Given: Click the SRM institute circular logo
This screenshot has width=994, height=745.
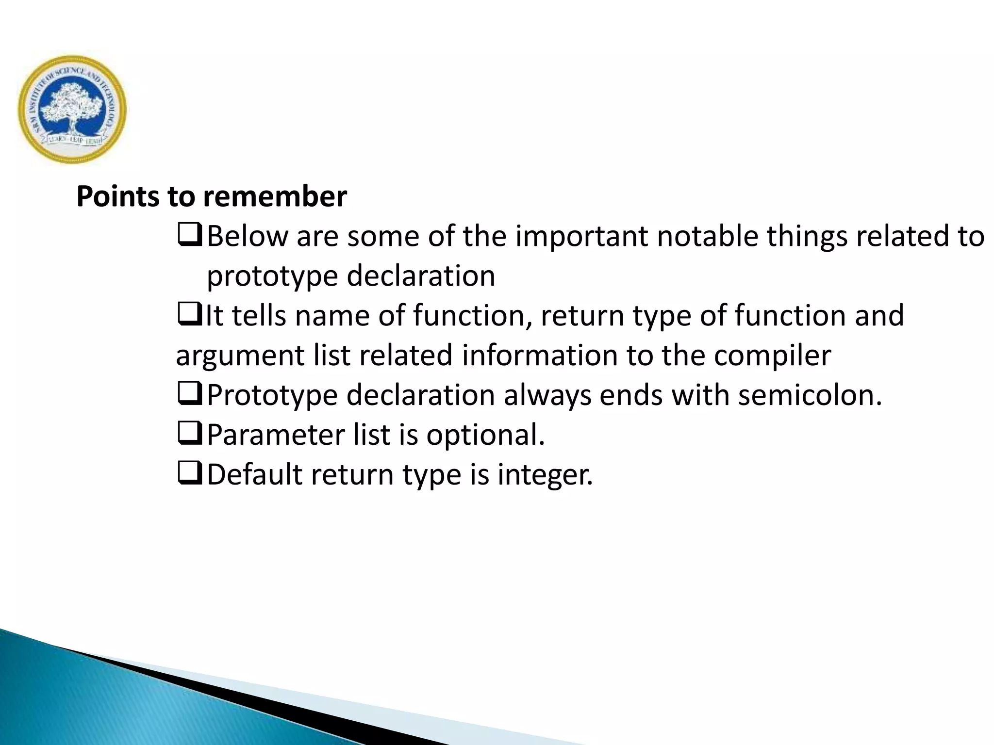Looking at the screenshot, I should [72, 109].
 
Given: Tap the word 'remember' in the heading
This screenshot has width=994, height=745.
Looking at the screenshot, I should [275, 197].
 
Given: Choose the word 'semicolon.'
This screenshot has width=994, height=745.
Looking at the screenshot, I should [810, 395].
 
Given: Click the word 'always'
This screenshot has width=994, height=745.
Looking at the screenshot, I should [547, 395].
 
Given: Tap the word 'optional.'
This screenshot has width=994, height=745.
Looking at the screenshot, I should [485, 435].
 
